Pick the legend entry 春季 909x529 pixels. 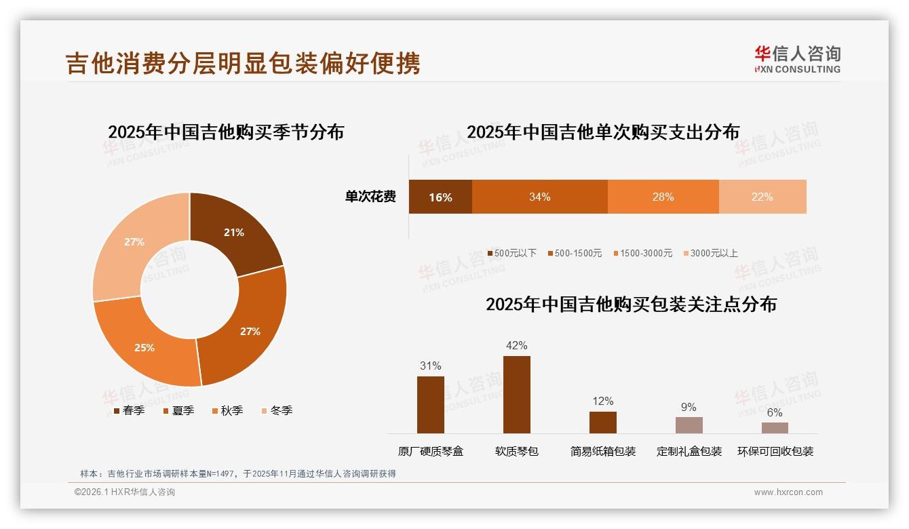click(x=129, y=410)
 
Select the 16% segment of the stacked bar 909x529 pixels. click(x=440, y=197)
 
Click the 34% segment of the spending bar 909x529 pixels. click(x=540, y=197)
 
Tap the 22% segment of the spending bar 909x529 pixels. click(x=762, y=197)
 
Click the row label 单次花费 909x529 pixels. click(x=370, y=197)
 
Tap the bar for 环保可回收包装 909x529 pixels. click(x=775, y=428)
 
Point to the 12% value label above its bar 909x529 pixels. click(x=602, y=401)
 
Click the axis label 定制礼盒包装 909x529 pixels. click(x=689, y=451)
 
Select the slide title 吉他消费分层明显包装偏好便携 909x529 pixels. click(x=243, y=62)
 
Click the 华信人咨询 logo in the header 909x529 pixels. click(x=797, y=59)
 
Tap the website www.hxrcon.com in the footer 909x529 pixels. click(x=788, y=492)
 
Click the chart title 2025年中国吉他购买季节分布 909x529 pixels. click(x=226, y=132)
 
